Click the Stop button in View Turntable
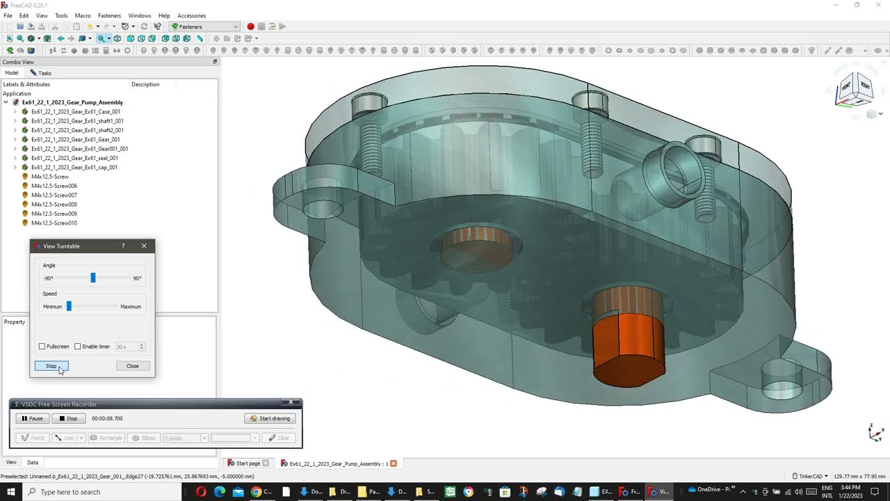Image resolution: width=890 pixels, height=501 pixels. click(51, 366)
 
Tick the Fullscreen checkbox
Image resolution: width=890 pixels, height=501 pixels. click(42, 347)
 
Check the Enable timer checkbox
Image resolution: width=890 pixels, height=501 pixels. click(78, 347)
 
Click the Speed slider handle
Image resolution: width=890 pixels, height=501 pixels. click(69, 306)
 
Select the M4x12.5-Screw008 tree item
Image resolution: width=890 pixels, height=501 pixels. click(54, 205)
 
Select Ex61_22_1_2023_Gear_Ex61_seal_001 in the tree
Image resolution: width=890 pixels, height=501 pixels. click(74, 158)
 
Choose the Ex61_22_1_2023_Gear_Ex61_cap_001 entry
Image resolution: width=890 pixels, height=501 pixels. click(74, 167)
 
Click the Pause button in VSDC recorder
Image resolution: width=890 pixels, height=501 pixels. click(32, 418)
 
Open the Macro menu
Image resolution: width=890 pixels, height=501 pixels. click(83, 15)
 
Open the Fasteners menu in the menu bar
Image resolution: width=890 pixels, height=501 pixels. click(109, 15)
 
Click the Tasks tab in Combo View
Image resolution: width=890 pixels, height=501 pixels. click(41, 73)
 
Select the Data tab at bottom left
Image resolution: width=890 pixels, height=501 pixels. click(33, 462)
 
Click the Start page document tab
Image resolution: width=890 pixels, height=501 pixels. click(248, 463)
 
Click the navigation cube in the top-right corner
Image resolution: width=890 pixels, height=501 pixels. click(855, 89)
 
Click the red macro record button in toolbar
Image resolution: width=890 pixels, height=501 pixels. click(250, 26)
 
